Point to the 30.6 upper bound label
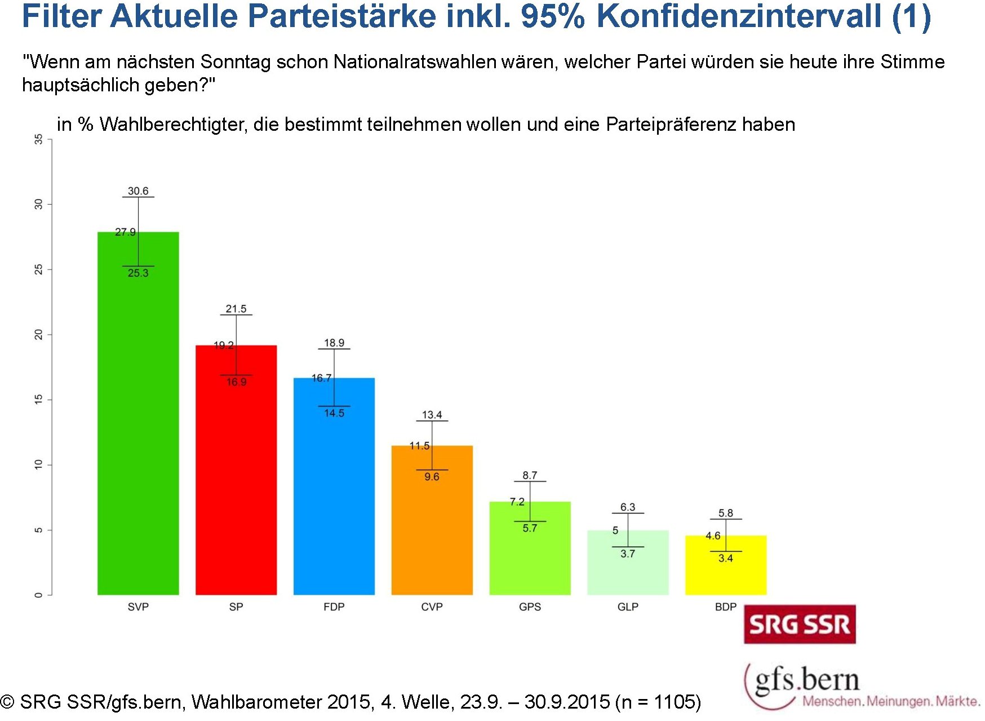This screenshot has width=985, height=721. [x=138, y=191]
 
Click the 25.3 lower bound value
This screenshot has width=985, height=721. [x=138, y=273]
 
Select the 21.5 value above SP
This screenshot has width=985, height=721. [x=236, y=309]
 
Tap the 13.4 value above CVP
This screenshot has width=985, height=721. [x=432, y=415]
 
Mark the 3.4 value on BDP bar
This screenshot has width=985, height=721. [x=726, y=559]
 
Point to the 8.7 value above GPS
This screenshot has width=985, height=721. [x=530, y=475]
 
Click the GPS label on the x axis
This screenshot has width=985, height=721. [x=530, y=607]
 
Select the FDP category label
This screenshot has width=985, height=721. [x=334, y=607]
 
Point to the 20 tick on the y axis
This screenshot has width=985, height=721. [x=38, y=335]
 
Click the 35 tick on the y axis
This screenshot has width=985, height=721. [x=38, y=139]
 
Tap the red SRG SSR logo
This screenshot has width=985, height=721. [x=800, y=625]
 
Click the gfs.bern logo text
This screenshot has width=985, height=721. [x=807, y=680]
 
